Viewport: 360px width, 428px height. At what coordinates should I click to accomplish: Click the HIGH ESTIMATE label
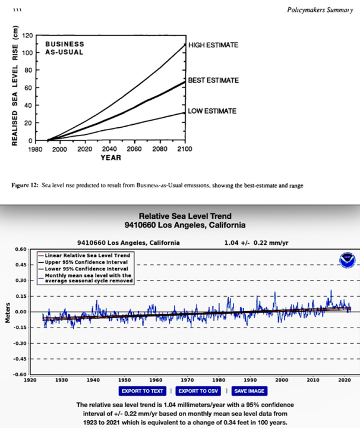tap(213, 45)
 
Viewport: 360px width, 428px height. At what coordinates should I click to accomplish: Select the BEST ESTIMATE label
tap(213, 80)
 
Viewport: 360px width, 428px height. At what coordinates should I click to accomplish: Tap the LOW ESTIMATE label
tap(211, 111)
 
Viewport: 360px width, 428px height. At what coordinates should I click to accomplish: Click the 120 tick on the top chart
tap(26, 36)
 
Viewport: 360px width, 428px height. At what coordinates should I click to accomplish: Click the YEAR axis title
tap(110, 158)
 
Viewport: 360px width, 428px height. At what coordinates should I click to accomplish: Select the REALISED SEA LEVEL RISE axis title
tap(15, 87)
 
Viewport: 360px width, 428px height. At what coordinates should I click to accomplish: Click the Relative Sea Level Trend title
tap(185, 216)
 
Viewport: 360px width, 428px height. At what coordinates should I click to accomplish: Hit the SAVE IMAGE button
tap(249, 391)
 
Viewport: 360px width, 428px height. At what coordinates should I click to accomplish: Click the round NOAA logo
tap(346, 260)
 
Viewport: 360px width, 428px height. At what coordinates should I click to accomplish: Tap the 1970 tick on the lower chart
tap(187, 379)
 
